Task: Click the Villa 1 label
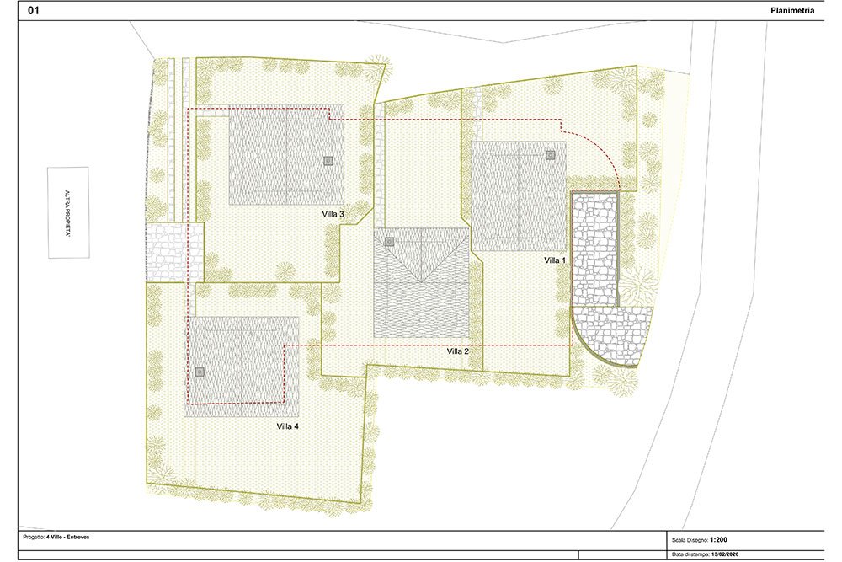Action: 555,260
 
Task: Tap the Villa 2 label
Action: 457,351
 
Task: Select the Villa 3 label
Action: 333,214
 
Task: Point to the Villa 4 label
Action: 287,426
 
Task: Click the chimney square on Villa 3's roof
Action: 328,160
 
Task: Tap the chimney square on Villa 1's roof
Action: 550,155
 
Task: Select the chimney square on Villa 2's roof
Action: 389,242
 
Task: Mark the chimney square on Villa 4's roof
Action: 200,372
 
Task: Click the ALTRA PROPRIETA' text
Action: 67,213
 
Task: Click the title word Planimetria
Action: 792,10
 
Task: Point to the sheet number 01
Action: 34,10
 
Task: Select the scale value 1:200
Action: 718,540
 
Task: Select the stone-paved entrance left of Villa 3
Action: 175,252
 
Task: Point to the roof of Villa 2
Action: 422,282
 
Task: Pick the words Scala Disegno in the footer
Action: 690,540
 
